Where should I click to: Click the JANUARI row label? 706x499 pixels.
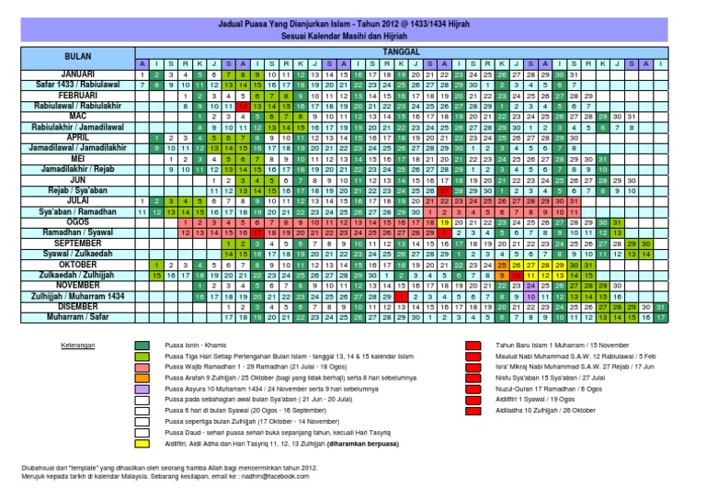pyautogui.click(x=68, y=74)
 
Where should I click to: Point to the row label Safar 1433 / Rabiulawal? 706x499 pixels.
pyautogui.click(x=68, y=85)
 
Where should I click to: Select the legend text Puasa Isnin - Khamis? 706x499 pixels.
pyautogui.click(x=197, y=370)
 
